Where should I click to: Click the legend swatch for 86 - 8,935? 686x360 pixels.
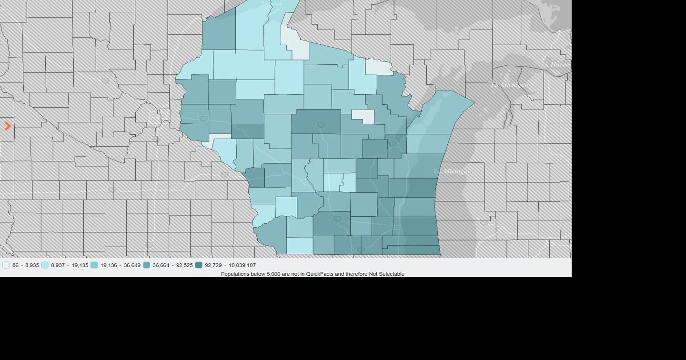[x=6, y=265]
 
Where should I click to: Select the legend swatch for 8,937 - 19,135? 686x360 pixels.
[x=45, y=265]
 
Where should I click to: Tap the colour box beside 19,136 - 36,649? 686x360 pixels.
[x=94, y=265]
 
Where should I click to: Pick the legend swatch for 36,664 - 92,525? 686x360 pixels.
[x=146, y=265]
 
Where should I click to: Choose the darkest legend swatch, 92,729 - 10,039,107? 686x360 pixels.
[x=199, y=265]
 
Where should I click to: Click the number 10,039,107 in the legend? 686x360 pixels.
[x=242, y=265]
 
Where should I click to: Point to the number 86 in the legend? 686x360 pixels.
[x=16, y=265]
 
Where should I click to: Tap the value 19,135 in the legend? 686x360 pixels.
[x=79, y=265]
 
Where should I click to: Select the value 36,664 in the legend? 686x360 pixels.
[x=161, y=265]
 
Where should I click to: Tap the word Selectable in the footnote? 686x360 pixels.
[x=392, y=274]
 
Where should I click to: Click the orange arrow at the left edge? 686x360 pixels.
[x=8, y=126]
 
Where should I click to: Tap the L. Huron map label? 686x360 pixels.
[x=555, y=64]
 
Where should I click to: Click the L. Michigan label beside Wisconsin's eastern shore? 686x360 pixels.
[x=454, y=171]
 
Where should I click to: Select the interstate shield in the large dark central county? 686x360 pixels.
[x=321, y=125]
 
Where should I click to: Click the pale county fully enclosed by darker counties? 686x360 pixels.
[x=363, y=116]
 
